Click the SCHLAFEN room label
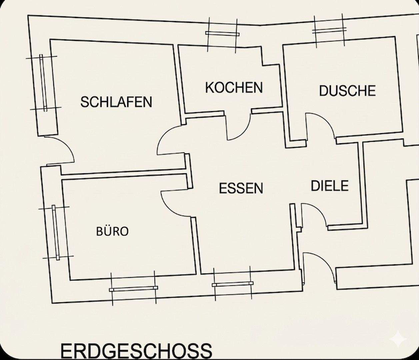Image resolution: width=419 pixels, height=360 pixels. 116,101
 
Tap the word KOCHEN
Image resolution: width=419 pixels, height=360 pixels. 234,88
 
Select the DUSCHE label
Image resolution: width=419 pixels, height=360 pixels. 347,91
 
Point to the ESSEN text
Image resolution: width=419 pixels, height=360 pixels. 241,188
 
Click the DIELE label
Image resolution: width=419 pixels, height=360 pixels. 330,186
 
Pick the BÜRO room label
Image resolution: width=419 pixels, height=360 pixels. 112,231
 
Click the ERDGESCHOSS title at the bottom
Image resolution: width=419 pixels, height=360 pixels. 136,351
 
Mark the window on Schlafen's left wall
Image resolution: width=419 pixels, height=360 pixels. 43,83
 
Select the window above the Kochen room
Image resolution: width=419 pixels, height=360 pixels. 222,33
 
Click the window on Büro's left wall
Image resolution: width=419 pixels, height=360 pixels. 56,232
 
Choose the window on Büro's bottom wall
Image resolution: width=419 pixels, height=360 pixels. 133,289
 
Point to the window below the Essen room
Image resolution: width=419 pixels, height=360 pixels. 232,284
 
